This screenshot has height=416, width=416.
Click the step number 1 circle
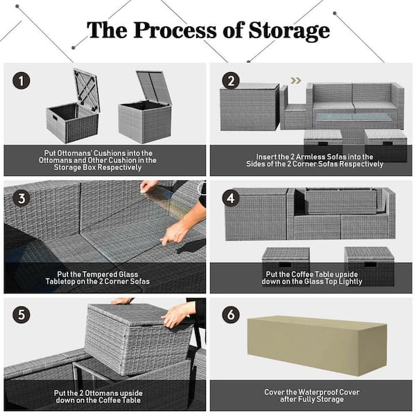[x=22, y=81]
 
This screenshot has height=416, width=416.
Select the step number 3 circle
[x=22, y=199]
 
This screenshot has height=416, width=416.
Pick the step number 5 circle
[x=22, y=314]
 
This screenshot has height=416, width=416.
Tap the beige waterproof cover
[x=315, y=345]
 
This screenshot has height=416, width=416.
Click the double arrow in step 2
[x=295, y=80]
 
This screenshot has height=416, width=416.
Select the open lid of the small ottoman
[x=87, y=88]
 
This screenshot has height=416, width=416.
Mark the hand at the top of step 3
[x=148, y=186]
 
